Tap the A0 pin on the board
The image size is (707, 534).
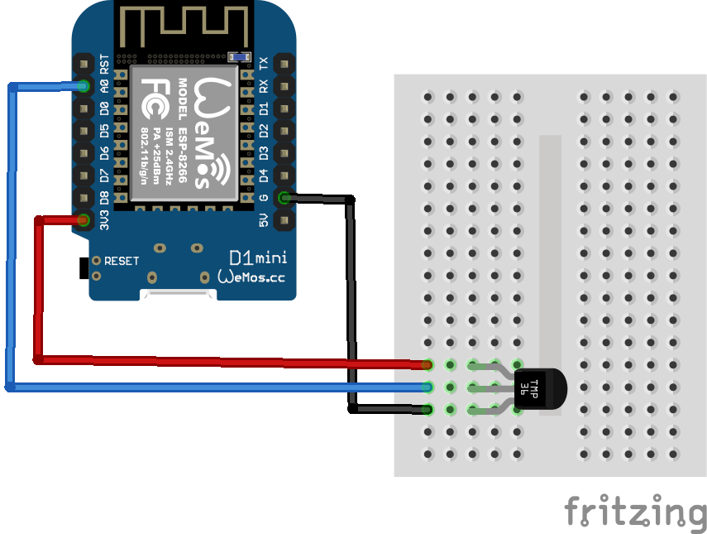84,84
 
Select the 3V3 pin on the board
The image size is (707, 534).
84,219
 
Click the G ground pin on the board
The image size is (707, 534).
284,198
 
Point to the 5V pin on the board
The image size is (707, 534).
284,220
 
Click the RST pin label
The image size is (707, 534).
104,62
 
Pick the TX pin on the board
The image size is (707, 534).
284,63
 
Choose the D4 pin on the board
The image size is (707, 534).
284,176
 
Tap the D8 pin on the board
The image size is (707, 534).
84,197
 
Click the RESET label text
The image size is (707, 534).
122,261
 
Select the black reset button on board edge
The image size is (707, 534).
83,268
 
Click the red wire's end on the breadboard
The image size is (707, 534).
427,364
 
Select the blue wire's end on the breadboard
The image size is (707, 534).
427,387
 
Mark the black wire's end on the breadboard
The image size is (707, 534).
427,409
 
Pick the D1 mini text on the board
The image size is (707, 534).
256,258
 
